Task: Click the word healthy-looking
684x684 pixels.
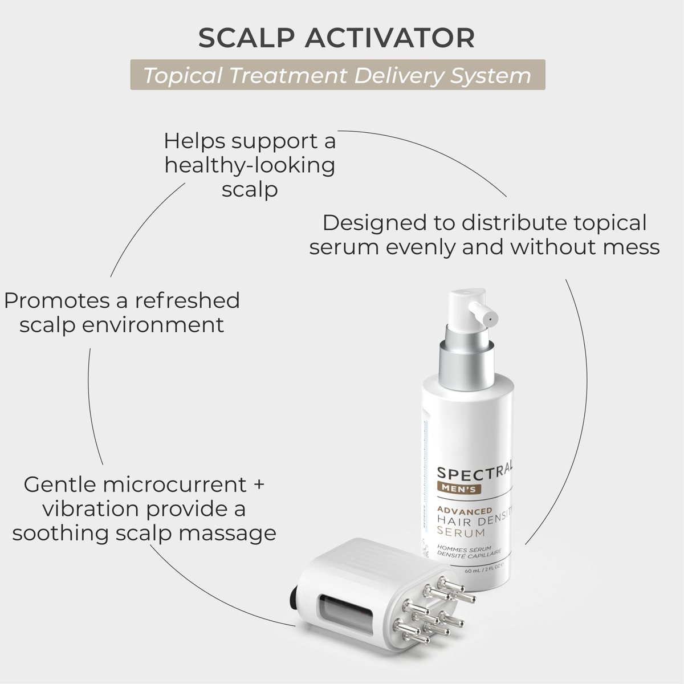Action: (250, 165)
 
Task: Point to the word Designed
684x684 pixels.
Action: (389, 223)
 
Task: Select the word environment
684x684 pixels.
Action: (153, 325)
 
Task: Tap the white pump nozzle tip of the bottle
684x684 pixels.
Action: (486, 315)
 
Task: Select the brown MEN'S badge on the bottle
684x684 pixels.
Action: (459, 488)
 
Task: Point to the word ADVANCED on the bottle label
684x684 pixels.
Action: (465, 510)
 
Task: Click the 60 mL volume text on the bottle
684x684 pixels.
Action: (473, 571)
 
